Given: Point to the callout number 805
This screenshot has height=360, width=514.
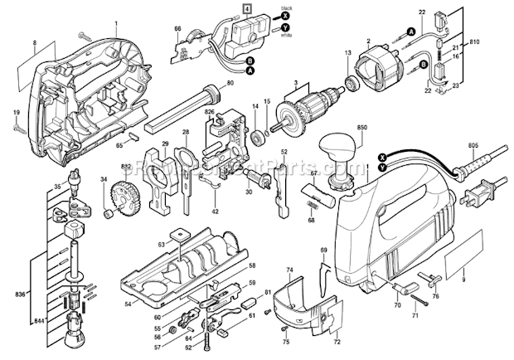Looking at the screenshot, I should (473, 148).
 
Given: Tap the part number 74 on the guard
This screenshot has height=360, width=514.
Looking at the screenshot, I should (290, 270).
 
